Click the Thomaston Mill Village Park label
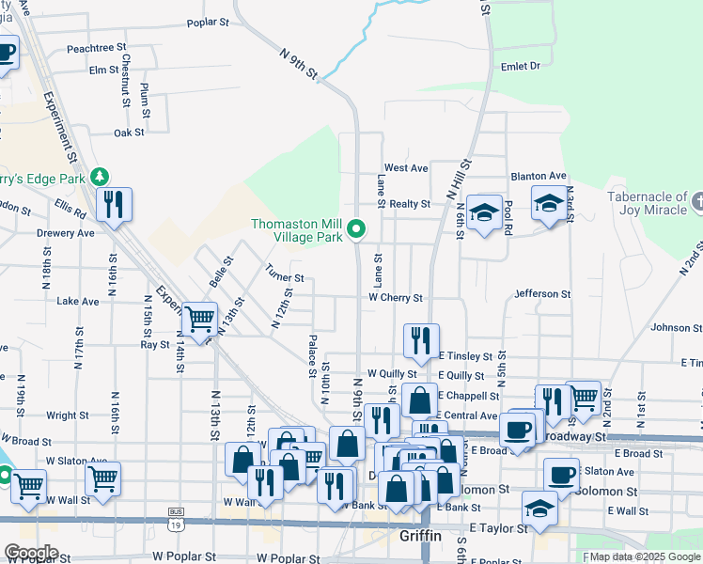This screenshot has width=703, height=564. coord(296,230)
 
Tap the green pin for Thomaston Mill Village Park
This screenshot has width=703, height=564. coord(356,228)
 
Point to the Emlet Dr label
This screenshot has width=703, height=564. coord(521,66)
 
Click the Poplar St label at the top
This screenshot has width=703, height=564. coord(209,22)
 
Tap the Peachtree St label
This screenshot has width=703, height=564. coord(97,47)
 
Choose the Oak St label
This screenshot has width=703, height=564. coord(129,133)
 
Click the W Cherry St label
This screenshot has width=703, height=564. coord(396,298)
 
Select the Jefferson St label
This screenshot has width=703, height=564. coord(543,294)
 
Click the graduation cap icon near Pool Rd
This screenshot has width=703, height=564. coord(484,213)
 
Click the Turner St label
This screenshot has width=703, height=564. coord(285,278)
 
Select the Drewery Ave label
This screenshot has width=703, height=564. coord(66,233)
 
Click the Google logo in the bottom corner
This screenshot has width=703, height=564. coord(31,553)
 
